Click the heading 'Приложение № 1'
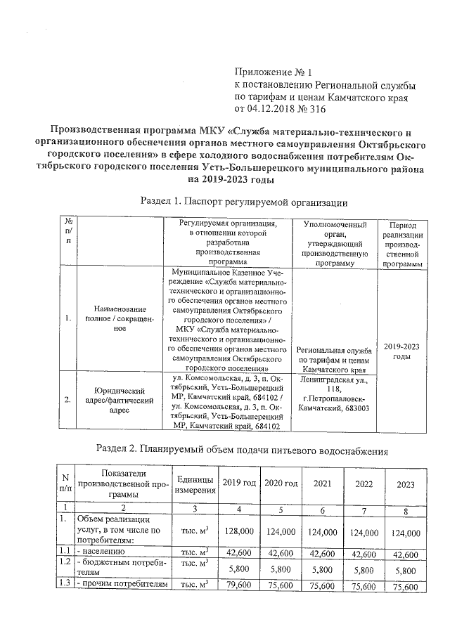[272, 72]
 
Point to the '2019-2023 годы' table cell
[401, 351]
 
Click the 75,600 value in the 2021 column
[323, 586]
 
